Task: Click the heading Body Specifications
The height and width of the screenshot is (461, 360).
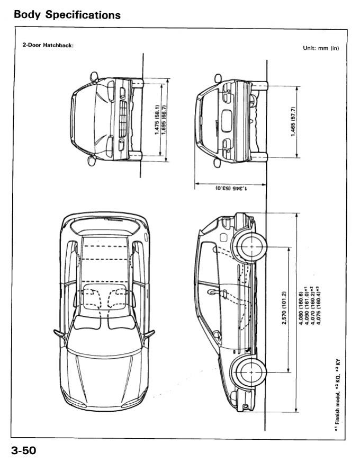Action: (x=67, y=15)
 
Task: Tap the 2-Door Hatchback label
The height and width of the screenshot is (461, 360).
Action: (x=48, y=45)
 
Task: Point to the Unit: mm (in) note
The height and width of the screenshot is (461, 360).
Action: (x=321, y=48)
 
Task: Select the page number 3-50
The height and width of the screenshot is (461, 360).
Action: (x=24, y=450)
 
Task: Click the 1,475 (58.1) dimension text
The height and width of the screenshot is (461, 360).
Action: (x=157, y=120)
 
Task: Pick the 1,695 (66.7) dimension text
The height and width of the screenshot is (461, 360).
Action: (x=164, y=120)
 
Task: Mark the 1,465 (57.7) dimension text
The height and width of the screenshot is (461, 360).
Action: (x=293, y=121)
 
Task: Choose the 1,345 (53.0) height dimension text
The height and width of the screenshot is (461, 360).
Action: (x=231, y=188)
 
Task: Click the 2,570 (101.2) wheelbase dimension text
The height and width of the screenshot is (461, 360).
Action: (x=284, y=308)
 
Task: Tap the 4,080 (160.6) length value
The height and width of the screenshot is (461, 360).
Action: (x=301, y=309)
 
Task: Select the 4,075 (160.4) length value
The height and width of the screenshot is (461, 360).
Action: (x=318, y=305)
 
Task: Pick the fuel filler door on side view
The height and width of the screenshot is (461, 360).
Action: (x=223, y=237)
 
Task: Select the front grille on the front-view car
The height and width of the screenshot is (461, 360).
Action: (x=123, y=119)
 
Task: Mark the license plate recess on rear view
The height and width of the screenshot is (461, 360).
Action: (x=227, y=121)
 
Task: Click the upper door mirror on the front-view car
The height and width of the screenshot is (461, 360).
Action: (x=94, y=76)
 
